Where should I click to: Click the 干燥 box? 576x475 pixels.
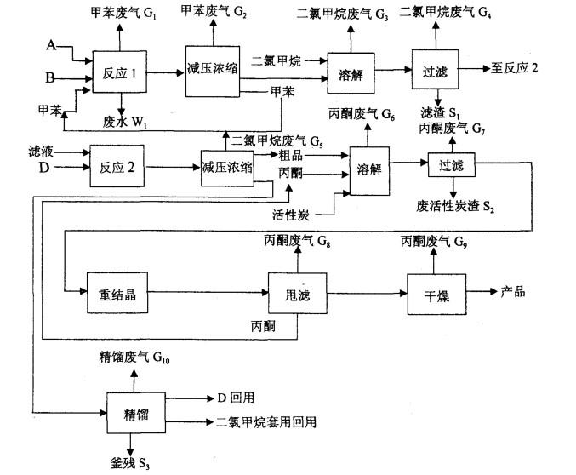tap(435, 295)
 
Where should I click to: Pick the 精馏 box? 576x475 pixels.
tap(135, 415)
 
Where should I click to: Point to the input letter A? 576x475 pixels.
tap(51, 44)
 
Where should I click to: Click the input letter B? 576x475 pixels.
tap(50, 78)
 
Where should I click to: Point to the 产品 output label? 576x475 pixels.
tap(513, 292)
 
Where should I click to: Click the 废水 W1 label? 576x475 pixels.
tap(120, 121)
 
